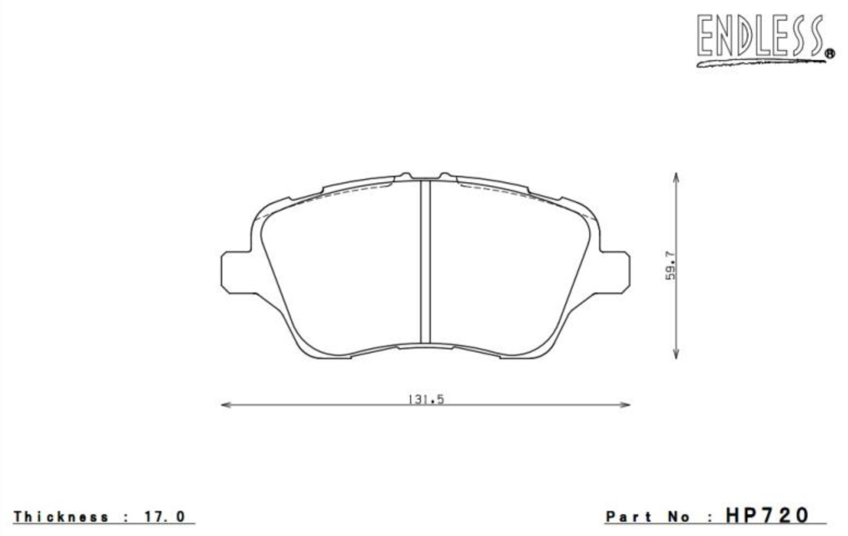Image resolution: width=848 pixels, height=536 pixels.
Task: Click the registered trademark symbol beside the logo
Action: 829,53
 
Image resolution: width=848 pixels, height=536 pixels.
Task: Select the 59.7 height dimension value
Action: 671,265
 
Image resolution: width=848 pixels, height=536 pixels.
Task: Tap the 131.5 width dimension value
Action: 426,400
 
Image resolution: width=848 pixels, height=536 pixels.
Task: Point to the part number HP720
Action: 767,515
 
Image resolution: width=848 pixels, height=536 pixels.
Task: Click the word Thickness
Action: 61,516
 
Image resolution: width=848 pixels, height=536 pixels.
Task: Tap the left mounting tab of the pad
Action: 235,271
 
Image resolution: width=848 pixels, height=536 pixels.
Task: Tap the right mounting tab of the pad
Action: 615,271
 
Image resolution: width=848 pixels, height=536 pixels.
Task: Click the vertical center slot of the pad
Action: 425,262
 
